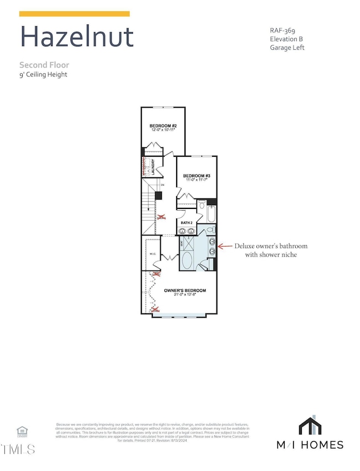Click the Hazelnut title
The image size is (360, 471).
pos(76,37)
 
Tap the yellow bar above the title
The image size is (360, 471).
pos(75,14)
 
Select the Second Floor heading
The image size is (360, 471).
pos(44,65)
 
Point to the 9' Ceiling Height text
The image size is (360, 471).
pos(43,74)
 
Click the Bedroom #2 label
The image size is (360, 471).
pos(163,126)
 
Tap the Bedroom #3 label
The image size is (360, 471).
pos(197,175)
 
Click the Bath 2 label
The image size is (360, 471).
pos(186,223)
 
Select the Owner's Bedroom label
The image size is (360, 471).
pos(185,291)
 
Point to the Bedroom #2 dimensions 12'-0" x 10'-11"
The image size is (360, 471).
pos(163,131)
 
